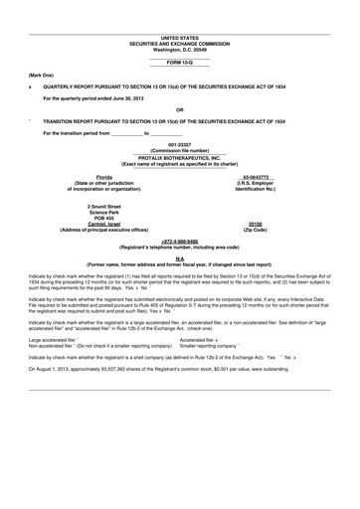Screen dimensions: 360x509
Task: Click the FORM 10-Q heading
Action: [x=179, y=62]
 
